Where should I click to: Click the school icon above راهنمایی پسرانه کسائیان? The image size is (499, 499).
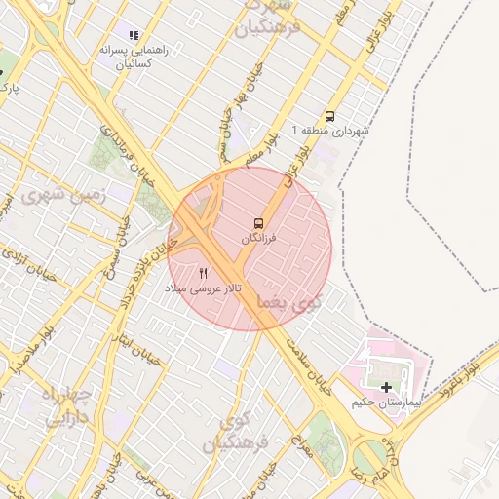coord(134,35)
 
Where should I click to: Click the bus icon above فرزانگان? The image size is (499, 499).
coord(258,223)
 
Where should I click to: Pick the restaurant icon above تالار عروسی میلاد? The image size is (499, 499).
coord(204,273)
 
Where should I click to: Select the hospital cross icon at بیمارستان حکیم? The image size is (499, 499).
coord(387,387)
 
